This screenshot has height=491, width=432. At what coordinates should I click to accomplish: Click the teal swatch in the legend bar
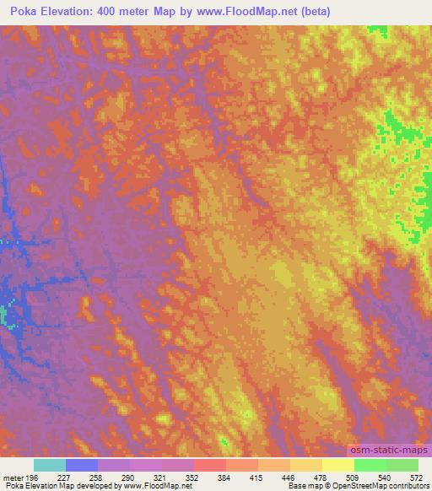[x=49, y=466]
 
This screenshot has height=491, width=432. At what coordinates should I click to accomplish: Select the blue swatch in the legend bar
[x=82, y=466]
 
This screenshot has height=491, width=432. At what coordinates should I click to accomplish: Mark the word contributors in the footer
[x=405, y=486]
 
